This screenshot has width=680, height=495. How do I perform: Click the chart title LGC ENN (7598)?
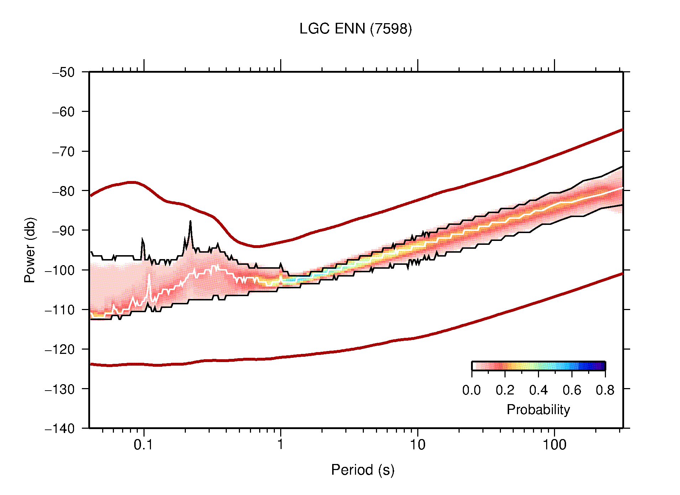click(x=355, y=29)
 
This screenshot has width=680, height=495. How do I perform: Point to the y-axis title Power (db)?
click(x=30, y=250)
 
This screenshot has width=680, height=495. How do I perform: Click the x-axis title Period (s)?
click(x=362, y=470)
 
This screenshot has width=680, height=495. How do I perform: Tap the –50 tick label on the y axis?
click(x=64, y=72)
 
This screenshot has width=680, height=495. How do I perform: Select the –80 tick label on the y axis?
click(x=64, y=191)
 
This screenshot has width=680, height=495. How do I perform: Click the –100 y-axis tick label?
click(x=60, y=270)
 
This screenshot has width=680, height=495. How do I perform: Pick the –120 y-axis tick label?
click(x=60, y=349)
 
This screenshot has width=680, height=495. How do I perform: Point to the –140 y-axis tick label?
click(x=60, y=428)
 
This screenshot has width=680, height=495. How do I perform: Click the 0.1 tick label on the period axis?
click(x=143, y=445)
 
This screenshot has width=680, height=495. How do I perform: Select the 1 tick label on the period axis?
click(x=281, y=445)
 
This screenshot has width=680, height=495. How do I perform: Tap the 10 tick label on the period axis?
click(x=417, y=445)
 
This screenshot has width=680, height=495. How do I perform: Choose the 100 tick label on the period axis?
click(x=554, y=445)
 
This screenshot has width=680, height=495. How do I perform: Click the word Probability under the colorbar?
click(x=538, y=410)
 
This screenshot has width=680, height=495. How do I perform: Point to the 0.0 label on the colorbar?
click(x=471, y=390)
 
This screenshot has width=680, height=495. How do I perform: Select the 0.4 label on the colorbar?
click(x=538, y=390)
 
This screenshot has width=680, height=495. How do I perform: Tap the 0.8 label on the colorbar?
click(x=605, y=390)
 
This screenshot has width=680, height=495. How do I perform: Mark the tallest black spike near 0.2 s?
click(x=190, y=222)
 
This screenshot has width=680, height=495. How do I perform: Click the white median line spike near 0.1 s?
click(x=149, y=275)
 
